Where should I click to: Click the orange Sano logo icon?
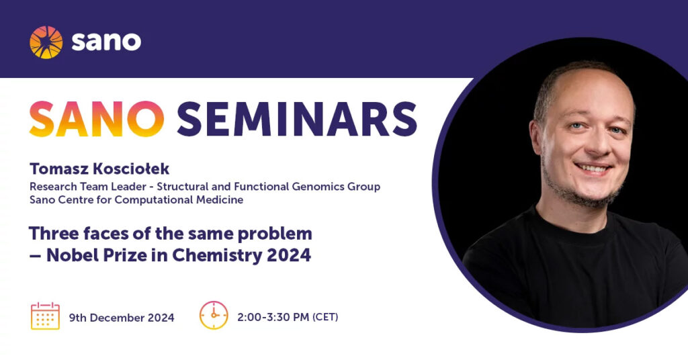tap(46, 42)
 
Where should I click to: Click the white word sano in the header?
tap(106, 42)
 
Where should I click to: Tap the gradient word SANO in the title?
tap(97, 119)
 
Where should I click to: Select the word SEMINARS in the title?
tap(296, 119)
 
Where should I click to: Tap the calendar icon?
tap(45, 316)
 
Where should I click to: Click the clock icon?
tap(214, 315)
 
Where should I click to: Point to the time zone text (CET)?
tap(325, 317)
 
